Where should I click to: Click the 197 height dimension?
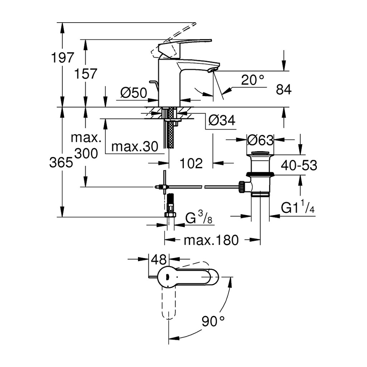click(x=62, y=57)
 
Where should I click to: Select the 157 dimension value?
click(x=85, y=73)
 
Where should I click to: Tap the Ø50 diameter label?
click(x=134, y=93)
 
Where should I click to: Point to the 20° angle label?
click(x=253, y=80)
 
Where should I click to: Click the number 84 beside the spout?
click(x=284, y=89)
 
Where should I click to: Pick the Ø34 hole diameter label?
click(x=221, y=120)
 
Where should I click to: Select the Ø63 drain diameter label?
click(x=260, y=140)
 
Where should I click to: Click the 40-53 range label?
click(x=299, y=165)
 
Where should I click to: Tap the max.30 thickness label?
click(x=135, y=147)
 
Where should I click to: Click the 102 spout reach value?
click(x=191, y=163)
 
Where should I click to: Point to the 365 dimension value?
click(x=61, y=162)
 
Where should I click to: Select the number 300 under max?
click(x=86, y=154)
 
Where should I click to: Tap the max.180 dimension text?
click(x=211, y=240)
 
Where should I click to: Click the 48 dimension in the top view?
click(x=159, y=259)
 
